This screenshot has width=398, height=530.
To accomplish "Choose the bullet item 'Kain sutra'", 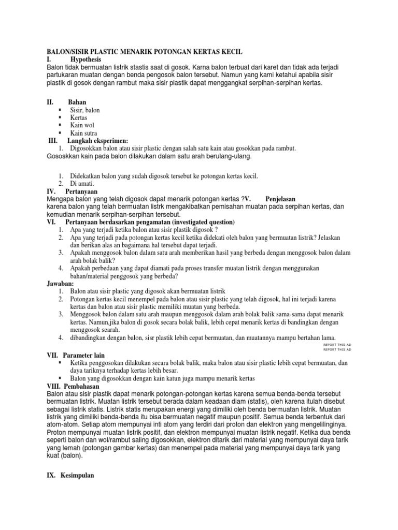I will click(x=84, y=133).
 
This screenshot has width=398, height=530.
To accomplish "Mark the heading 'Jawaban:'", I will click(x=61, y=284).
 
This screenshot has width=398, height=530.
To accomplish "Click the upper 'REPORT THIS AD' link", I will click(x=337, y=344).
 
